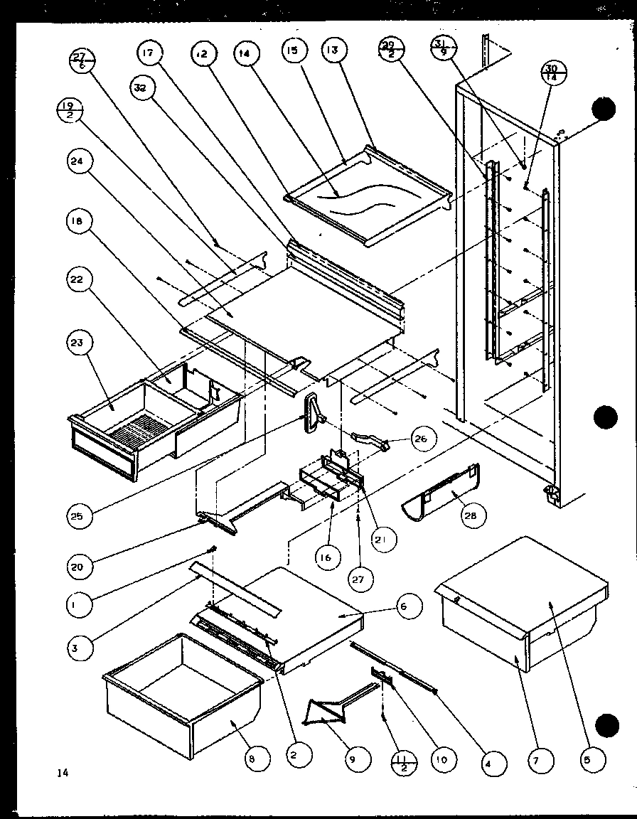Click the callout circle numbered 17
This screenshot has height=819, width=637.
151,53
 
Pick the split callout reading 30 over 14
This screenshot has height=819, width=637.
552,73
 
